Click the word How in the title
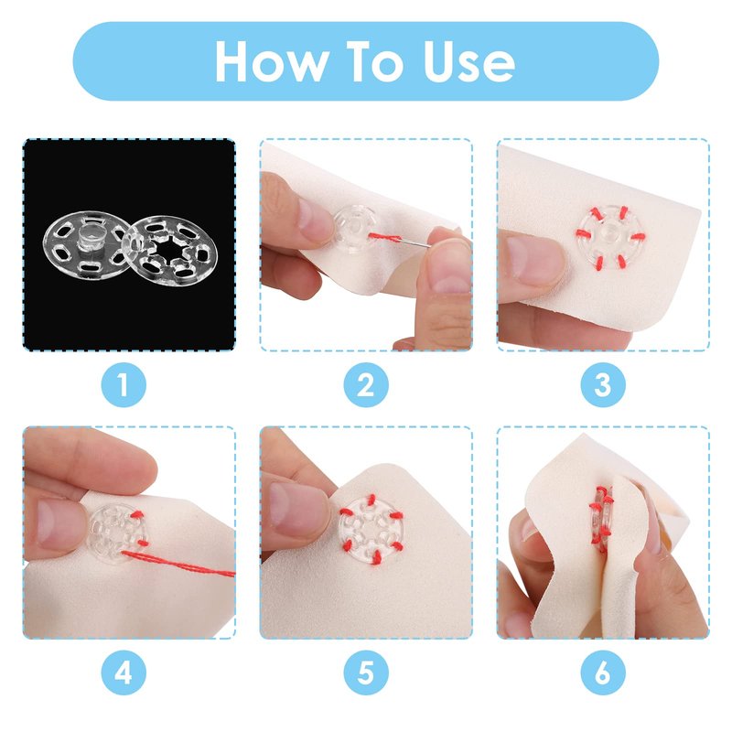[x=270, y=61]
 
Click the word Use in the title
[x=468, y=61]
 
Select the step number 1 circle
[x=124, y=384]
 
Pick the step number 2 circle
[x=366, y=384]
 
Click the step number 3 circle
[x=603, y=384]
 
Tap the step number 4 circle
[x=124, y=673]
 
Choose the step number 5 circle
[x=366, y=673]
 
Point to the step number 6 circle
[x=603, y=673]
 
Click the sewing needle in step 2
[x=415, y=242]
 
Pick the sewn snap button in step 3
[x=610, y=237]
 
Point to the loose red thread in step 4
[x=178, y=564]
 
